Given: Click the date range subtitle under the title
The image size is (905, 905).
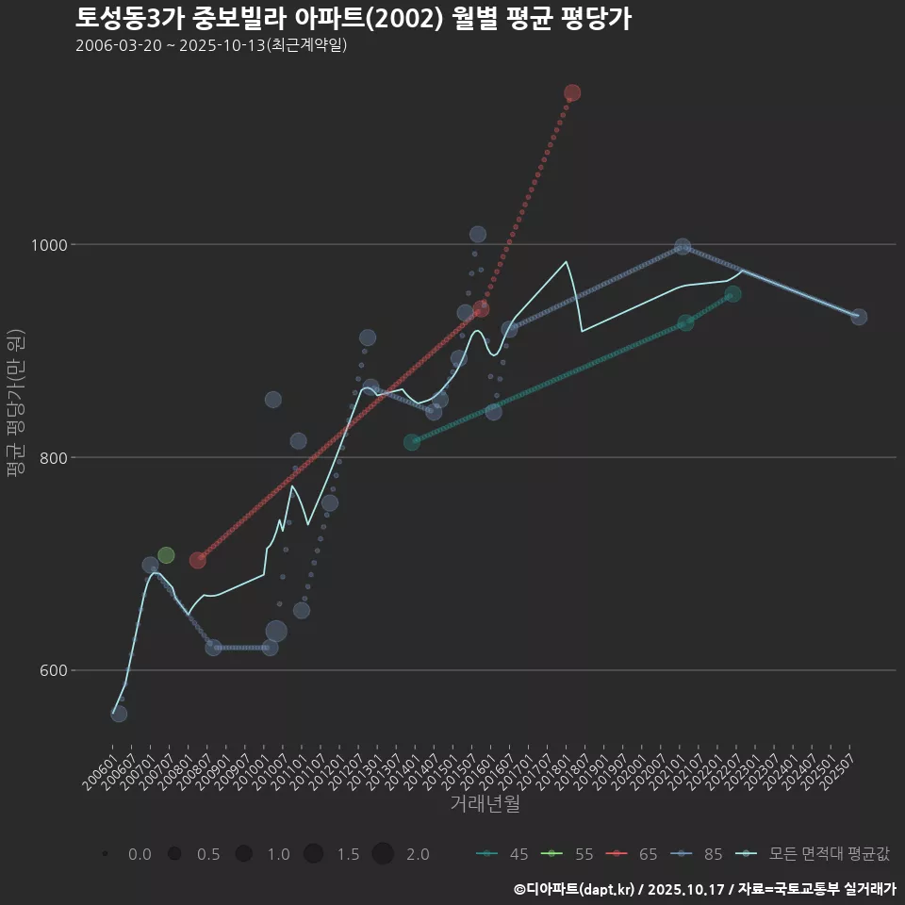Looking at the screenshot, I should pos(211,45).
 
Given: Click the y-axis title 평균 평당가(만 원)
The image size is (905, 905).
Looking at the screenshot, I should pos(15,405).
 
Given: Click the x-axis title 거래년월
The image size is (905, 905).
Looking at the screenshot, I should pos(485,803).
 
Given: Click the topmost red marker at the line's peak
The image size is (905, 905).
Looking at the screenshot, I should pos(572,92).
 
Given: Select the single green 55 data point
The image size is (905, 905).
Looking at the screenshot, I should pos(166,555).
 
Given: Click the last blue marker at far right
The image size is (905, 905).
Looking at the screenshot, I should pos(859,317).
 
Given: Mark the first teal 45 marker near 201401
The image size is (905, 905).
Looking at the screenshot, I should pos(412,442).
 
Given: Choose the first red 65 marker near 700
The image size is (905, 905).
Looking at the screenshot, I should pos(198,560).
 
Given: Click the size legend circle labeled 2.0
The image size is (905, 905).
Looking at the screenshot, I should pos(382,854).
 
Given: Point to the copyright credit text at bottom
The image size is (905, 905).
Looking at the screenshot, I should pos(704,889).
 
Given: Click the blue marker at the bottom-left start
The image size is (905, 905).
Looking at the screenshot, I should pos(119,714).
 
